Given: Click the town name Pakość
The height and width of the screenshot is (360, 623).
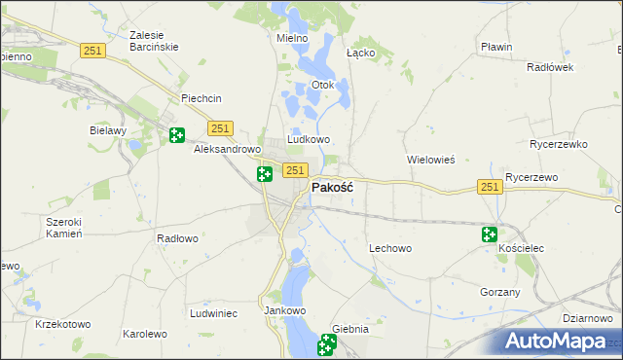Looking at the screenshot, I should [331, 188].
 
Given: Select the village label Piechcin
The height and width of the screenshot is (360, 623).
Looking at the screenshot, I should [202, 98].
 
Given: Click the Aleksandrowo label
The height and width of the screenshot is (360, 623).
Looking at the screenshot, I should [227, 150].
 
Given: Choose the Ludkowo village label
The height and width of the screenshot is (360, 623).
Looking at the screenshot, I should [309, 139].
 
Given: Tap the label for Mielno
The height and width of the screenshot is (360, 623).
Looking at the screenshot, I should [292, 38].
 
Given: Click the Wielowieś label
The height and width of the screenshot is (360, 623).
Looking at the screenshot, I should [430, 159].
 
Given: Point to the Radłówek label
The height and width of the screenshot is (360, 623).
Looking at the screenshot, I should [549, 67].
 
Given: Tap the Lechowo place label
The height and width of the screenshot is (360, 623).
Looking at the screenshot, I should [390, 248].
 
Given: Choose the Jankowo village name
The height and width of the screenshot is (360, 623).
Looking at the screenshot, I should [285, 310].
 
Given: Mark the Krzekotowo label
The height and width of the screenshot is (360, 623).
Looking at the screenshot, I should [62, 324].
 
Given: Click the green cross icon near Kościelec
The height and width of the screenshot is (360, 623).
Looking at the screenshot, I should [489, 234].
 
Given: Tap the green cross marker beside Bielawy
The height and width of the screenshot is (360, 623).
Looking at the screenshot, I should [176, 135].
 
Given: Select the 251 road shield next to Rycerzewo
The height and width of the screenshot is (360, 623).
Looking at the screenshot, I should [489, 187].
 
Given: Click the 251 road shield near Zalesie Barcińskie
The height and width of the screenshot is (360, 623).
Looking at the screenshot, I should [92, 52].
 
